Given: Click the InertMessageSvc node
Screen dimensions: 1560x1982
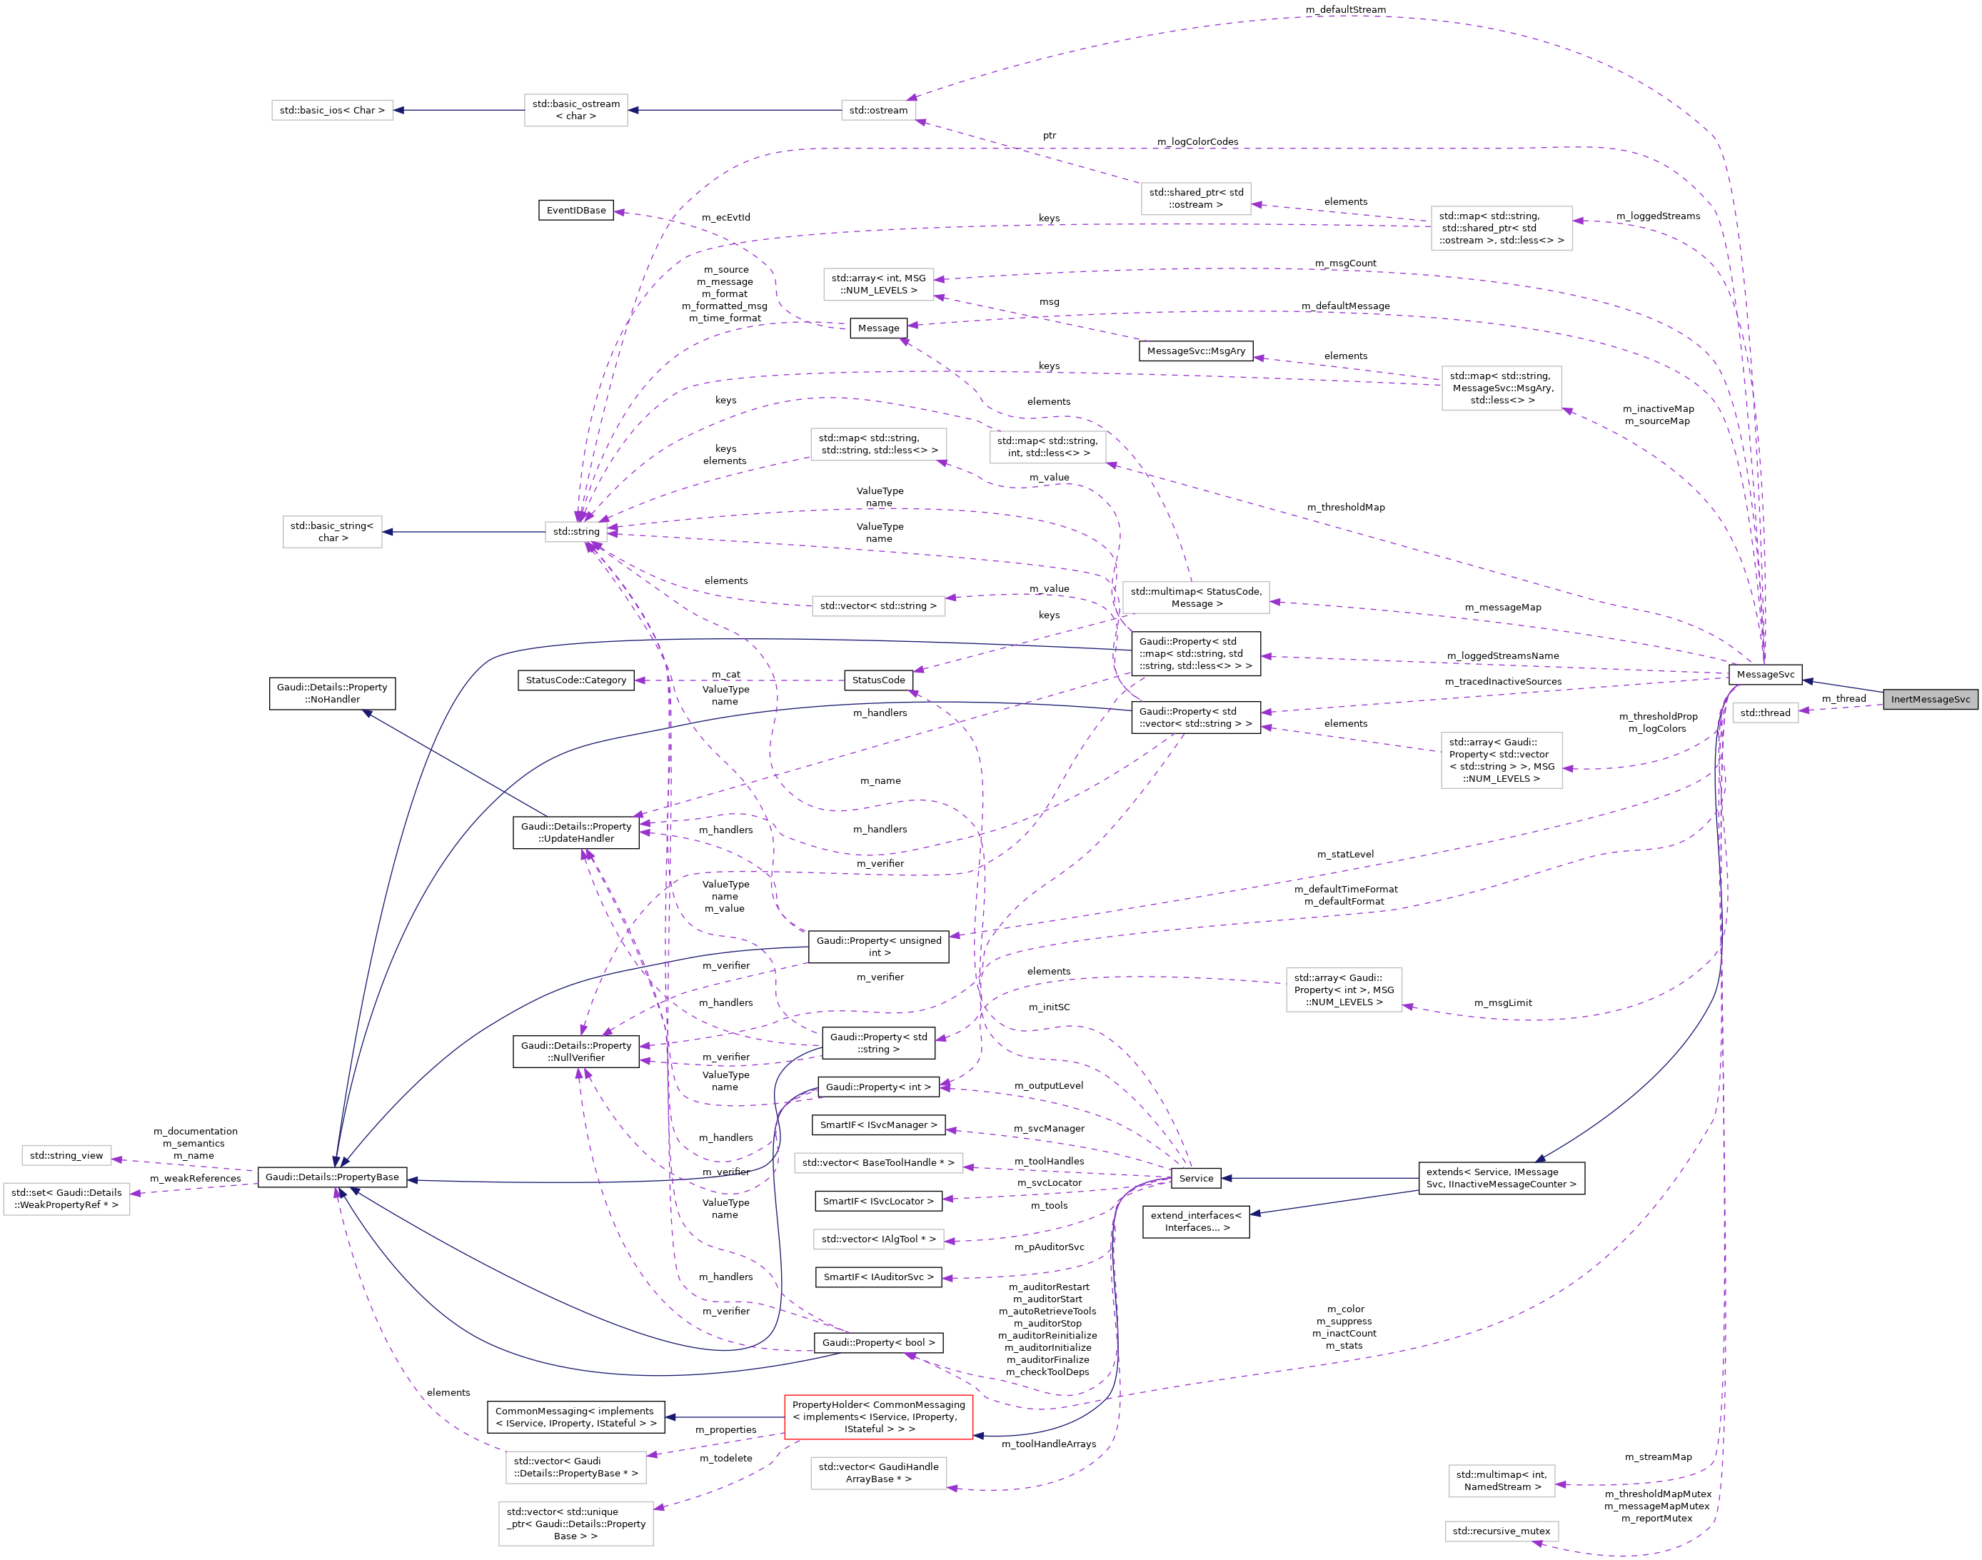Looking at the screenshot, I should pos(1929,699).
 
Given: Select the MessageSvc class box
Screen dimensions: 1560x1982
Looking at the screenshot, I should pos(1765,674).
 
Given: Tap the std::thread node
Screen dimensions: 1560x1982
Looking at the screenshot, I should pos(1765,713).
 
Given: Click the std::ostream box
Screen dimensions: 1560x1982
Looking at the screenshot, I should pos(877,111).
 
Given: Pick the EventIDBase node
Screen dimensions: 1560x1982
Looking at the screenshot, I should pos(575,210).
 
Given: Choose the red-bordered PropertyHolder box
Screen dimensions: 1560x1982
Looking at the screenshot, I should pos(877,1416).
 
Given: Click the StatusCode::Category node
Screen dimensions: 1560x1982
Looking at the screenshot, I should pos(575,680).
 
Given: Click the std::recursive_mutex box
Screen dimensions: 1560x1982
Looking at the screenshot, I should pos(1501,1531).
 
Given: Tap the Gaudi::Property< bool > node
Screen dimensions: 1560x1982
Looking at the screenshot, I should pos(877,1343).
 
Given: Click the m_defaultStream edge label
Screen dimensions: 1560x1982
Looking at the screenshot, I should pos(1345,9).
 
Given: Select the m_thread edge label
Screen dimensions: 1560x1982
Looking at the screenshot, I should pos(1843,699).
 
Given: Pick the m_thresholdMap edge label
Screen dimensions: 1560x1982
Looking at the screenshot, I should pos(1345,507).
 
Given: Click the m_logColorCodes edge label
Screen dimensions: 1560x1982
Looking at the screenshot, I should pos(1197,141).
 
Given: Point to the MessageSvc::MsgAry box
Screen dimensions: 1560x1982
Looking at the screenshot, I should pos(1196,351).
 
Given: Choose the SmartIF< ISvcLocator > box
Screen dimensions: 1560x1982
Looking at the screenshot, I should pos(877,1201).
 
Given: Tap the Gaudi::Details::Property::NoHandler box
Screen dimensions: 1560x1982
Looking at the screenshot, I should pos(331,693).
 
